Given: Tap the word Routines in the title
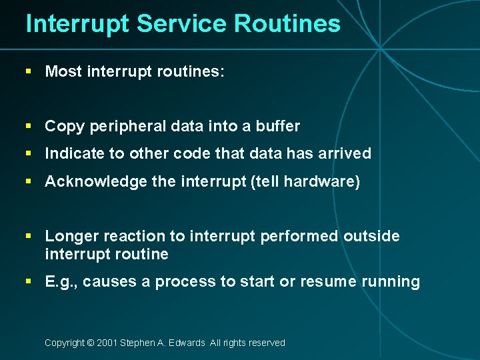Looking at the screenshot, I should [287, 24].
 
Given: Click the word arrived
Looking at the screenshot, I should [345, 153].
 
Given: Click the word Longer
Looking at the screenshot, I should [71, 236].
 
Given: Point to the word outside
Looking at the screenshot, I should [372, 236].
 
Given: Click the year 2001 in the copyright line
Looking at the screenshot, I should [107, 343].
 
